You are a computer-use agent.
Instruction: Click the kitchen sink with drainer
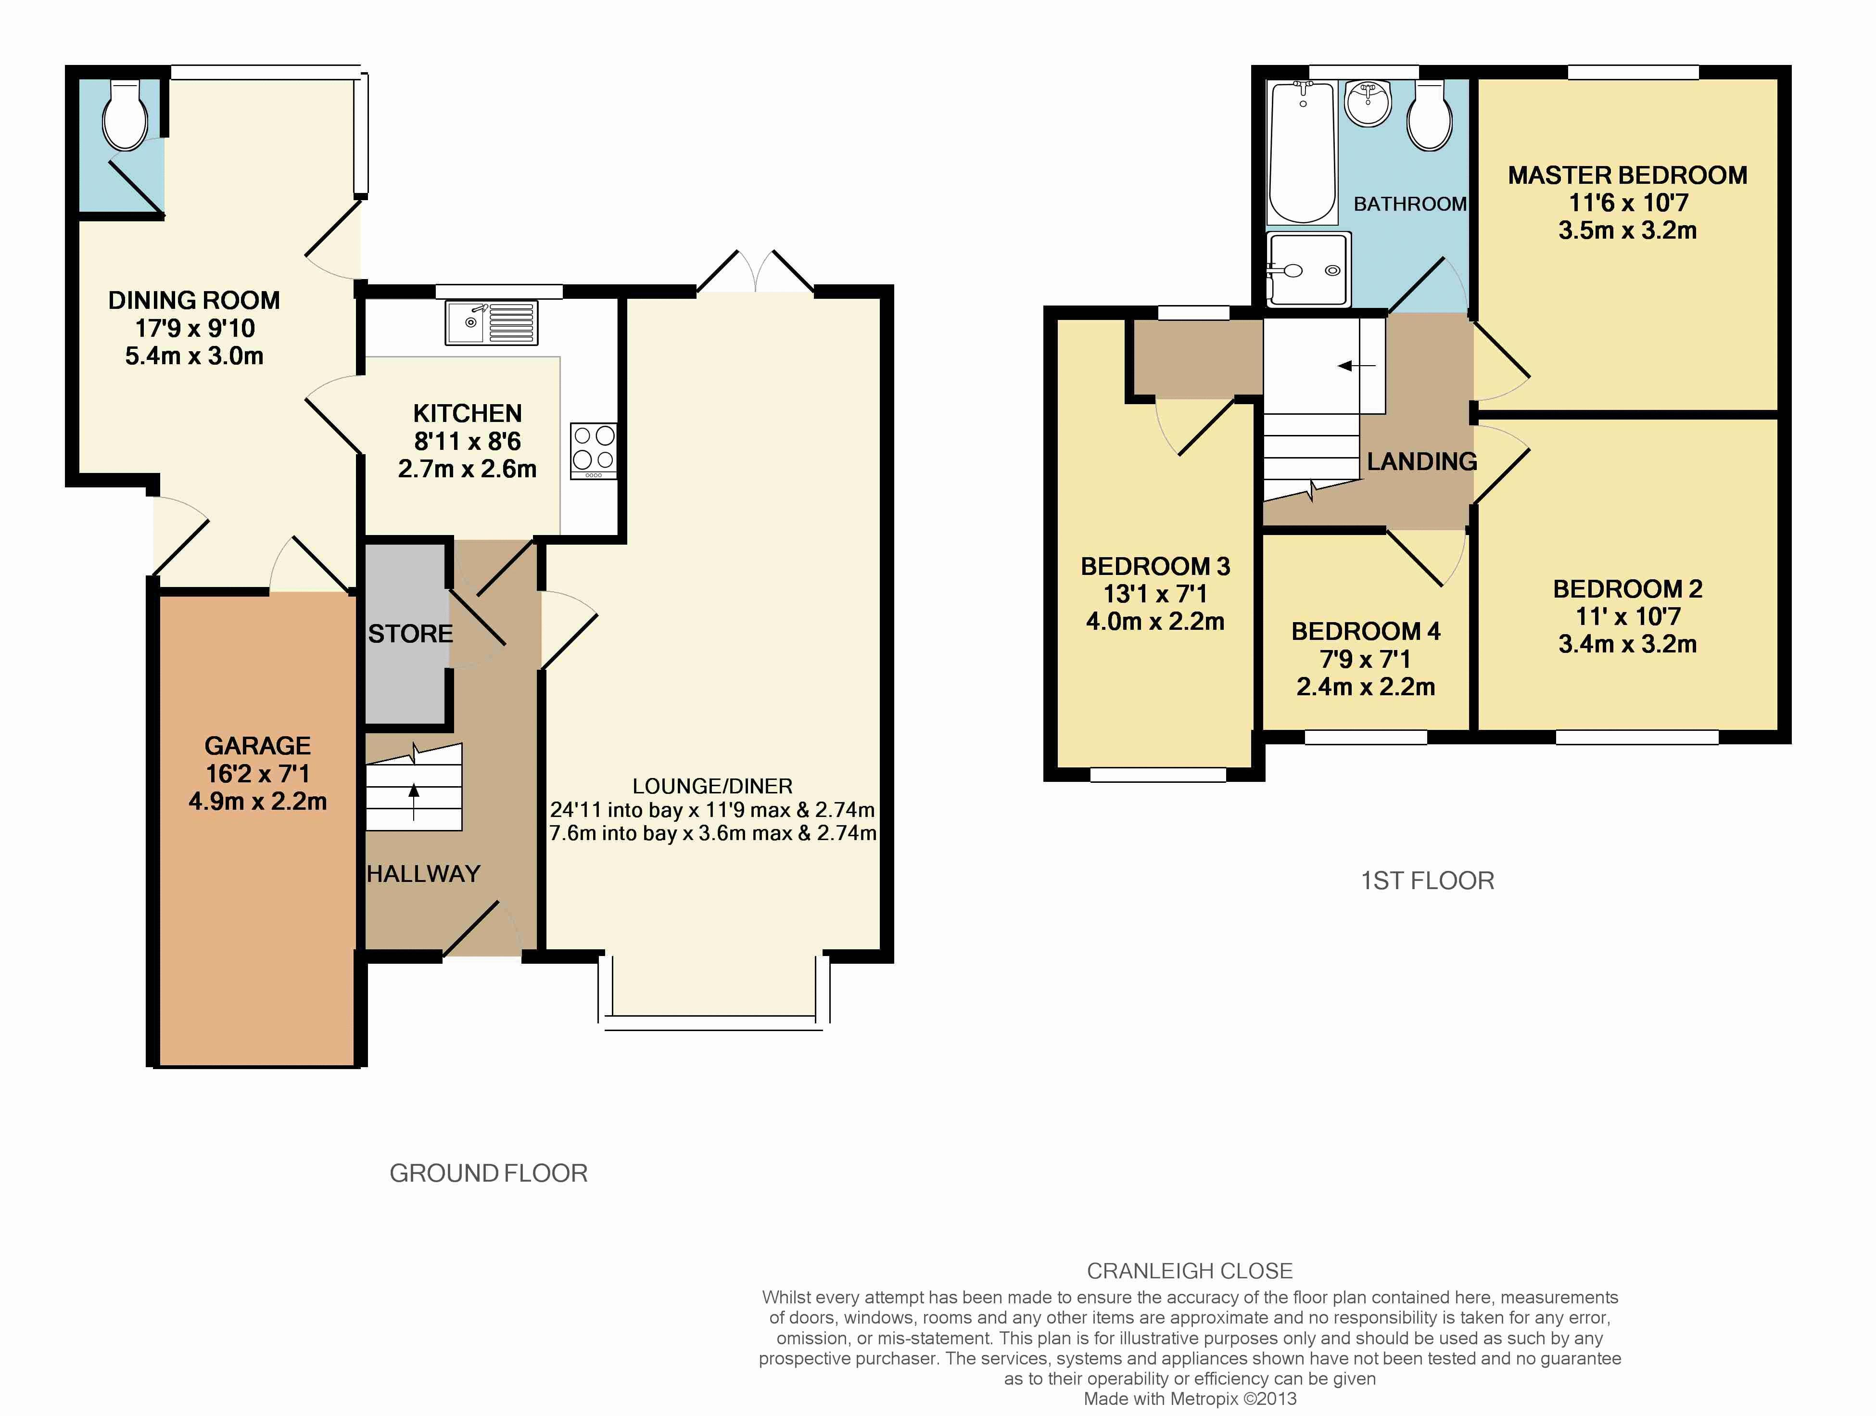coord(491,322)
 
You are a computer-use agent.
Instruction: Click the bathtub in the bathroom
coord(1301,152)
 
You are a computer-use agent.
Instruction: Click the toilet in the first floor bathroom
coord(1430,116)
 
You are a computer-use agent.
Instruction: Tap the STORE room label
coord(410,634)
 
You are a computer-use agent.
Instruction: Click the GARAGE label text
coord(258,746)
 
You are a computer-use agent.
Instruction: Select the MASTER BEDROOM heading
coord(1627,176)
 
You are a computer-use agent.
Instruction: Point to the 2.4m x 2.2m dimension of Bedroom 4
coord(1366,687)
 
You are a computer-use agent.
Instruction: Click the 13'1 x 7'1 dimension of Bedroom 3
coord(1155,594)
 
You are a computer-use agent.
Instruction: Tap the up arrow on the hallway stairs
coord(414,802)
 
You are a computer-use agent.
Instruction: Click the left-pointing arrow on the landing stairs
coord(1357,366)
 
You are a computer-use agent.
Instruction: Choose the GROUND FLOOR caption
coord(489,1174)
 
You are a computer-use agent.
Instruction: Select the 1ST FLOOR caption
coord(1427,880)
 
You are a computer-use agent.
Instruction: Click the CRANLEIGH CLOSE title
coord(1190,1271)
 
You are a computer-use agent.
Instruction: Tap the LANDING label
coord(1422,461)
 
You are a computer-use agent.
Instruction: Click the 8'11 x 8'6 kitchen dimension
coord(467,441)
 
